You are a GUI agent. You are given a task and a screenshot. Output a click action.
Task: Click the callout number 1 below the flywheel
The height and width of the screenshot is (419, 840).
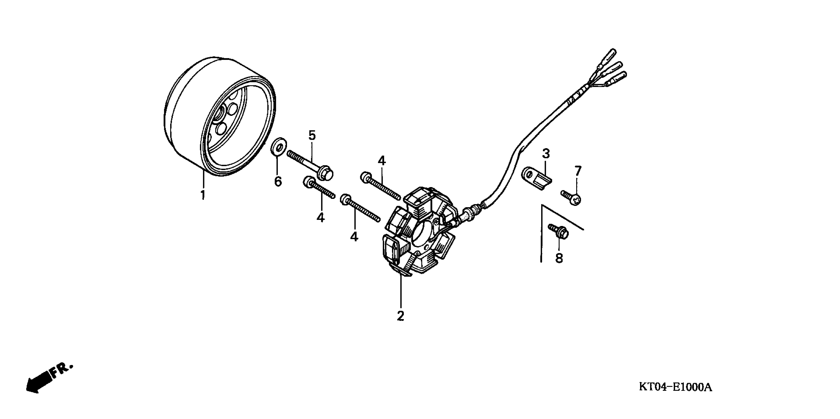(203, 195)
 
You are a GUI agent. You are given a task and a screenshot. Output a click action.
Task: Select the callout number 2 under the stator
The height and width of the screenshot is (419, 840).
(400, 316)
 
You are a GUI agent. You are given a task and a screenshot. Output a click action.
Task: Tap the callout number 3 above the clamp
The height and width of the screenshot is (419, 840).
(546, 153)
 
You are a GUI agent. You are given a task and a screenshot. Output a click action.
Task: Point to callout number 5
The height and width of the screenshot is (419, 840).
(312, 135)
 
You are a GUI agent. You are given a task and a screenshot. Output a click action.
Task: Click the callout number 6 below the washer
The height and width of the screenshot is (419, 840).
(278, 182)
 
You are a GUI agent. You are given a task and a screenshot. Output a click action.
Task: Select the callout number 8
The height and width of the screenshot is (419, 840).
(559, 258)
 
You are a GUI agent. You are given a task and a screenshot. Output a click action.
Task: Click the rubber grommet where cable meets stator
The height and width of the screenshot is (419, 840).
(470, 214)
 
